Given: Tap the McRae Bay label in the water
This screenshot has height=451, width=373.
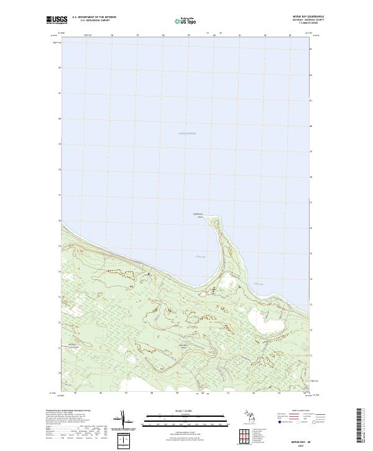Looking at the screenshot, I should [x=200, y=256].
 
